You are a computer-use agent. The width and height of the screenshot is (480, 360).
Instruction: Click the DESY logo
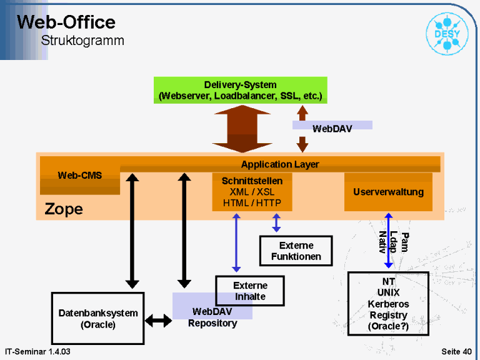[x=447, y=34]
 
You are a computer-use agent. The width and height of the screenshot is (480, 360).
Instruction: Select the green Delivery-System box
[x=240, y=90]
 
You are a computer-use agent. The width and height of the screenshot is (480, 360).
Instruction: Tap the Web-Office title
[x=66, y=22]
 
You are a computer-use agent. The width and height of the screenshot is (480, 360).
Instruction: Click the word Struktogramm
[x=82, y=41]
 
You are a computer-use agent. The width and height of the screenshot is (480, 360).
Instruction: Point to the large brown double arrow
[x=242, y=129]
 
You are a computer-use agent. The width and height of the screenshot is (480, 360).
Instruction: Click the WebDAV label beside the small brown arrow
[x=332, y=129]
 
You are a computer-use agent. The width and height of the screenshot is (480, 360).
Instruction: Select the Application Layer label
[x=280, y=164]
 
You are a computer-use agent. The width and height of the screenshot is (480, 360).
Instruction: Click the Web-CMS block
[x=80, y=176]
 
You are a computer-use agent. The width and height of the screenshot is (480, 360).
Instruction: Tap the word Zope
[x=64, y=209]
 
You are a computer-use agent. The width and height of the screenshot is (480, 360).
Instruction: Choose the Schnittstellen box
[x=252, y=192]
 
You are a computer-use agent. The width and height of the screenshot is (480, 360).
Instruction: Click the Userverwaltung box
[x=388, y=192]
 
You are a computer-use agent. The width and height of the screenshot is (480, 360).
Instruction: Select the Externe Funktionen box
[x=296, y=251]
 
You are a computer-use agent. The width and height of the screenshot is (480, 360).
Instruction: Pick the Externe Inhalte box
[x=250, y=291]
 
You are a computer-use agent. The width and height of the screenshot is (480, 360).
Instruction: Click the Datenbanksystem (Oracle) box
[x=98, y=318]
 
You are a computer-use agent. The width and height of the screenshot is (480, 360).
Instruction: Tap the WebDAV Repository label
[x=212, y=317]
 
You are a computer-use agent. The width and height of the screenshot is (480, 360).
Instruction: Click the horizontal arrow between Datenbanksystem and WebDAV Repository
[x=158, y=321]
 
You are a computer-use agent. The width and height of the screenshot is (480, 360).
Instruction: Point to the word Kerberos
[x=388, y=304]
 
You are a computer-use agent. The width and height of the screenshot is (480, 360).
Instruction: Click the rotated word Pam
[x=405, y=242]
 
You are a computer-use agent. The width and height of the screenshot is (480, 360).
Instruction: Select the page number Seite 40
[x=456, y=351]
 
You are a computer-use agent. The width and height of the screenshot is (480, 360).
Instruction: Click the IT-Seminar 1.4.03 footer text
[x=37, y=351]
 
